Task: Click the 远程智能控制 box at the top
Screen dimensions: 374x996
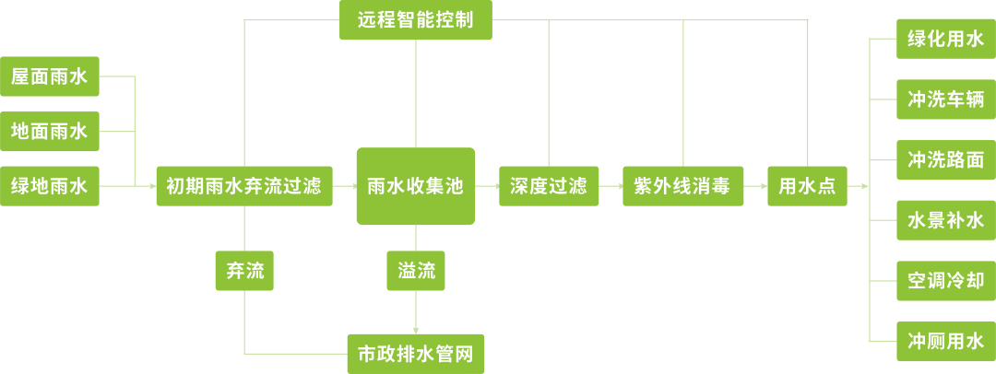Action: click(415, 20)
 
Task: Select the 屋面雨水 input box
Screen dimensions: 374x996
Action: click(50, 76)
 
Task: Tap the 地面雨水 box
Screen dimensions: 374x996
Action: click(50, 132)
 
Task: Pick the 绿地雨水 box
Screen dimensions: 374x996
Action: click(50, 186)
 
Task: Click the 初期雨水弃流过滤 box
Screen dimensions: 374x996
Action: click(244, 186)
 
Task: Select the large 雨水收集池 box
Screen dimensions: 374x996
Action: click(416, 186)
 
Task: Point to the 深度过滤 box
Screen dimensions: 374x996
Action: click(549, 186)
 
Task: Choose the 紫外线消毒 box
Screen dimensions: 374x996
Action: click(682, 186)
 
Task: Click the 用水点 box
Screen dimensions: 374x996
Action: click(807, 186)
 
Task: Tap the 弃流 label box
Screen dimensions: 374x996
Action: click(244, 271)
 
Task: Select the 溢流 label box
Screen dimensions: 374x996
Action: click(416, 271)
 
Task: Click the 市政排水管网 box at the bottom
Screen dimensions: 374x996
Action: click(416, 354)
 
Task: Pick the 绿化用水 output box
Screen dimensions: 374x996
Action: click(946, 41)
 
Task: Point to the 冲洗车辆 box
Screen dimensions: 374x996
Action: click(946, 99)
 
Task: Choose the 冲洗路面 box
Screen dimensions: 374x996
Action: click(946, 159)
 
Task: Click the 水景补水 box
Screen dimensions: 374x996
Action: click(946, 220)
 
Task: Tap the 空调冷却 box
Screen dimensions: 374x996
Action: click(946, 281)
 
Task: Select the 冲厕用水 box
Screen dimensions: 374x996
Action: click(946, 341)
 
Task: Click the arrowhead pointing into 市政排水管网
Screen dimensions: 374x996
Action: click(416, 329)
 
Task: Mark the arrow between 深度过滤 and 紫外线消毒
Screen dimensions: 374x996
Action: click(611, 186)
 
